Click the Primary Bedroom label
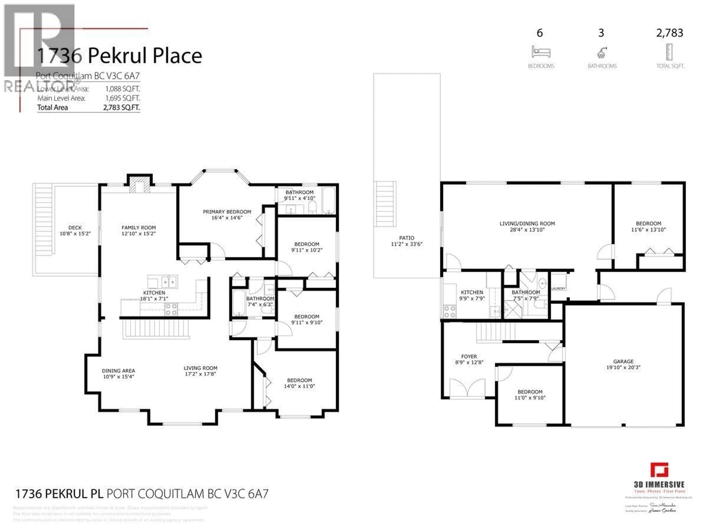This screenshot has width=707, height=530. tap(227, 212)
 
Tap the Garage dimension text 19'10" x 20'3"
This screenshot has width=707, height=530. tap(623, 368)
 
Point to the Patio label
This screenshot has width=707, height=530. tap(407, 238)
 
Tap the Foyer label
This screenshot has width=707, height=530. tap(469, 356)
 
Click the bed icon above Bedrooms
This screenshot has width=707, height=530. tap(541, 52)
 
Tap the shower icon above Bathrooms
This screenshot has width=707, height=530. tap(602, 53)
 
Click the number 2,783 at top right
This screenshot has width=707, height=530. tap(670, 33)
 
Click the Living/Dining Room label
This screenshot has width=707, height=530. tap(527, 224)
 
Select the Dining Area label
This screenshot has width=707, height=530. tap(118, 371)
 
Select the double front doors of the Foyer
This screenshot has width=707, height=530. tap(467, 388)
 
